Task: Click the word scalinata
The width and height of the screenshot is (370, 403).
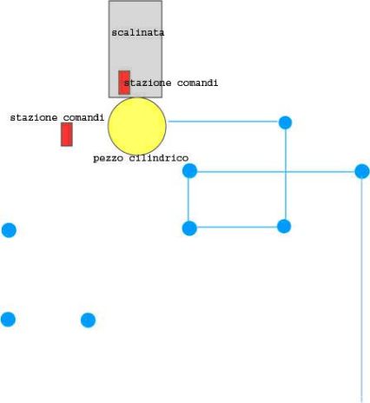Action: (138, 32)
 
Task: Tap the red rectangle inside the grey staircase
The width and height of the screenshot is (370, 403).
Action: (124, 83)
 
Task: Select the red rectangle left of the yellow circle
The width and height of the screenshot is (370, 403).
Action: (67, 135)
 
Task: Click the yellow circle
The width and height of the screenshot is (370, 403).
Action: (137, 126)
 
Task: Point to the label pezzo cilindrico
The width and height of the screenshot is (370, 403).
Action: (141, 158)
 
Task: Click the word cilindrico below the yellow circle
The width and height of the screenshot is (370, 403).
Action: (159, 158)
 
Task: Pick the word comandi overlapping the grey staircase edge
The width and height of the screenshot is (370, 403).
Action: (197, 83)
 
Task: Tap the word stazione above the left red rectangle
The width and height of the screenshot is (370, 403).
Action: (34, 117)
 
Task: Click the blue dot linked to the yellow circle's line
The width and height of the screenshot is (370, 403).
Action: (285, 122)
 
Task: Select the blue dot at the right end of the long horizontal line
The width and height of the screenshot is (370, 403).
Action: (362, 171)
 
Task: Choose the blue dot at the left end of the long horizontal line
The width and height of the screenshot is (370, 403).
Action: (189, 170)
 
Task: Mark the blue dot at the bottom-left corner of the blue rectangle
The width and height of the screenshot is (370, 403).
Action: (189, 228)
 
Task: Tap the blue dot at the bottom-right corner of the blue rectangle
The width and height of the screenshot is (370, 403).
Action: (284, 226)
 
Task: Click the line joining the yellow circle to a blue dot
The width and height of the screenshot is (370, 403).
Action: (223, 122)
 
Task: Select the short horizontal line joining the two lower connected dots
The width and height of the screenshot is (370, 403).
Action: (237, 227)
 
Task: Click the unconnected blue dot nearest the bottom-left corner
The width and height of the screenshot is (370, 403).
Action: (8, 320)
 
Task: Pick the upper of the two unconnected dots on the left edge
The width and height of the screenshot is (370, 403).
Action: (9, 230)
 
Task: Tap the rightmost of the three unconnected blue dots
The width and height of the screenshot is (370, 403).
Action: (88, 320)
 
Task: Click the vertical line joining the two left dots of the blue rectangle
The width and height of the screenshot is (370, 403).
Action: (188, 200)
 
